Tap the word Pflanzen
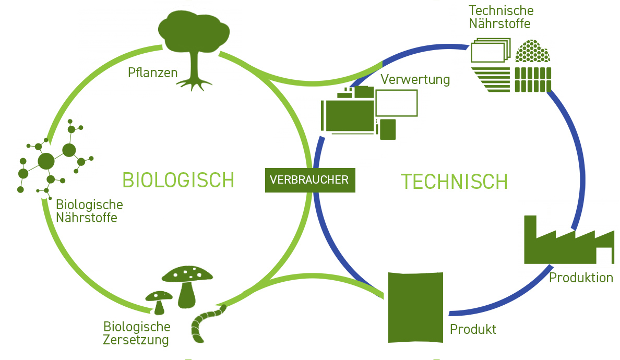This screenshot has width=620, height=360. click(x=152, y=73)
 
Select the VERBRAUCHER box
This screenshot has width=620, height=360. click(x=310, y=179)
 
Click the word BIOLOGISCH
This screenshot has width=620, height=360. click(x=178, y=181)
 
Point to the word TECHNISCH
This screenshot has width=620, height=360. click(x=454, y=182)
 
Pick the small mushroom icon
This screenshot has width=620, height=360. click(x=159, y=301)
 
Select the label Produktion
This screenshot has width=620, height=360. click(x=581, y=278)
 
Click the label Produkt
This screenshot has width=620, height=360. click(x=473, y=330)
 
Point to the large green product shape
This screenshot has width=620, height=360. click(x=415, y=307)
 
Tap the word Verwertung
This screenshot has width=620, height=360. click(x=415, y=80)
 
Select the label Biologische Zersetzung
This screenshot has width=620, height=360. click(x=137, y=333)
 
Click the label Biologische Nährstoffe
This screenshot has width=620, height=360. click(x=89, y=211)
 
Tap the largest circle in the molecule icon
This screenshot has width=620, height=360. click(x=46, y=161)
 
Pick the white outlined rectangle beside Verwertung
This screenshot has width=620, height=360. click(x=397, y=103)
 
